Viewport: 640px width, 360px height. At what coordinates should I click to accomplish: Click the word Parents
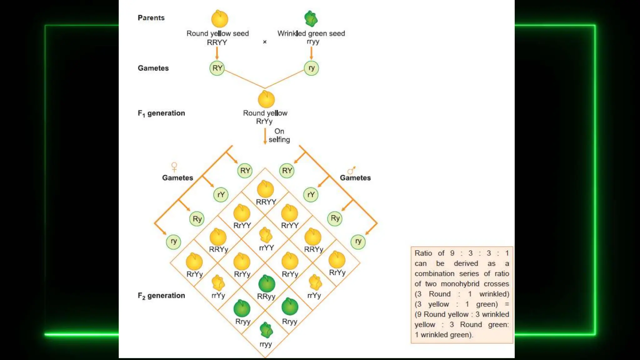[151, 18]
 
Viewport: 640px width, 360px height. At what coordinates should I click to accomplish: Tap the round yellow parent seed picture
[220, 19]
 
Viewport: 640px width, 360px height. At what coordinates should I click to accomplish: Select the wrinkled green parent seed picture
[311, 19]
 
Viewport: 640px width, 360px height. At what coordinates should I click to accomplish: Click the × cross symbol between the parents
[265, 42]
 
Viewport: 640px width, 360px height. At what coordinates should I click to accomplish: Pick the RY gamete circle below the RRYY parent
[217, 68]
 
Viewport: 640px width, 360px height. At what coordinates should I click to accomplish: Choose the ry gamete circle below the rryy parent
[311, 68]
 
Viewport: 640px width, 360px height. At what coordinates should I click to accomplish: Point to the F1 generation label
[161, 113]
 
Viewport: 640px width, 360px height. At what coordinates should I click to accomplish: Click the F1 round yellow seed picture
[266, 99]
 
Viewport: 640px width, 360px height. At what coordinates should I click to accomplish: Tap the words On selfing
[279, 135]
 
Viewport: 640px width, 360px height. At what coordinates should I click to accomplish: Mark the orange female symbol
[174, 167]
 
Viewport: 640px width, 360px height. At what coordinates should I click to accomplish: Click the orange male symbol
[352, 170]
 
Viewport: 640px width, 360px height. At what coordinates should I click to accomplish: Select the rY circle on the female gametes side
[221, 195]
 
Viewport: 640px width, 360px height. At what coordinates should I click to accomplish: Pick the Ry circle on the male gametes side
[335, 218]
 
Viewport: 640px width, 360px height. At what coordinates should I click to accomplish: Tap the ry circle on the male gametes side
[358, 242]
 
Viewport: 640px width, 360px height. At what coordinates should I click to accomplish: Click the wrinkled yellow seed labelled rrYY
[266, 235]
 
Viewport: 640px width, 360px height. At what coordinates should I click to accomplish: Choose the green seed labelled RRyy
[267, 283]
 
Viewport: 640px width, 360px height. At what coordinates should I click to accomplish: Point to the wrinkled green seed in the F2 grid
[266, 330]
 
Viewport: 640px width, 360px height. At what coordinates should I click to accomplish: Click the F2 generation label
[161, 296]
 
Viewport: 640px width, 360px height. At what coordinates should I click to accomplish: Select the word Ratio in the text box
[423, 253]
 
